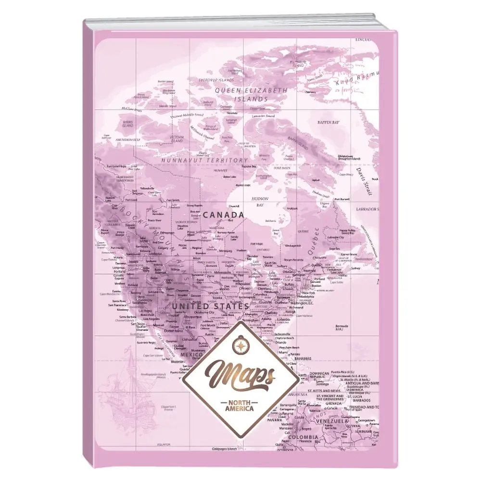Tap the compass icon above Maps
[240, 344]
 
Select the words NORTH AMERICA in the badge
[239, 406]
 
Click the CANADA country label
[223, 215]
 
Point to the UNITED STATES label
[210, 306]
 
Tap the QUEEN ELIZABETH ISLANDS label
[251, 94]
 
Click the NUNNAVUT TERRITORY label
[204, 160]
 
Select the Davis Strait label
[365, 180]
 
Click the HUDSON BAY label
[258, 201]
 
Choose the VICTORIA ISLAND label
[177, 140]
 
